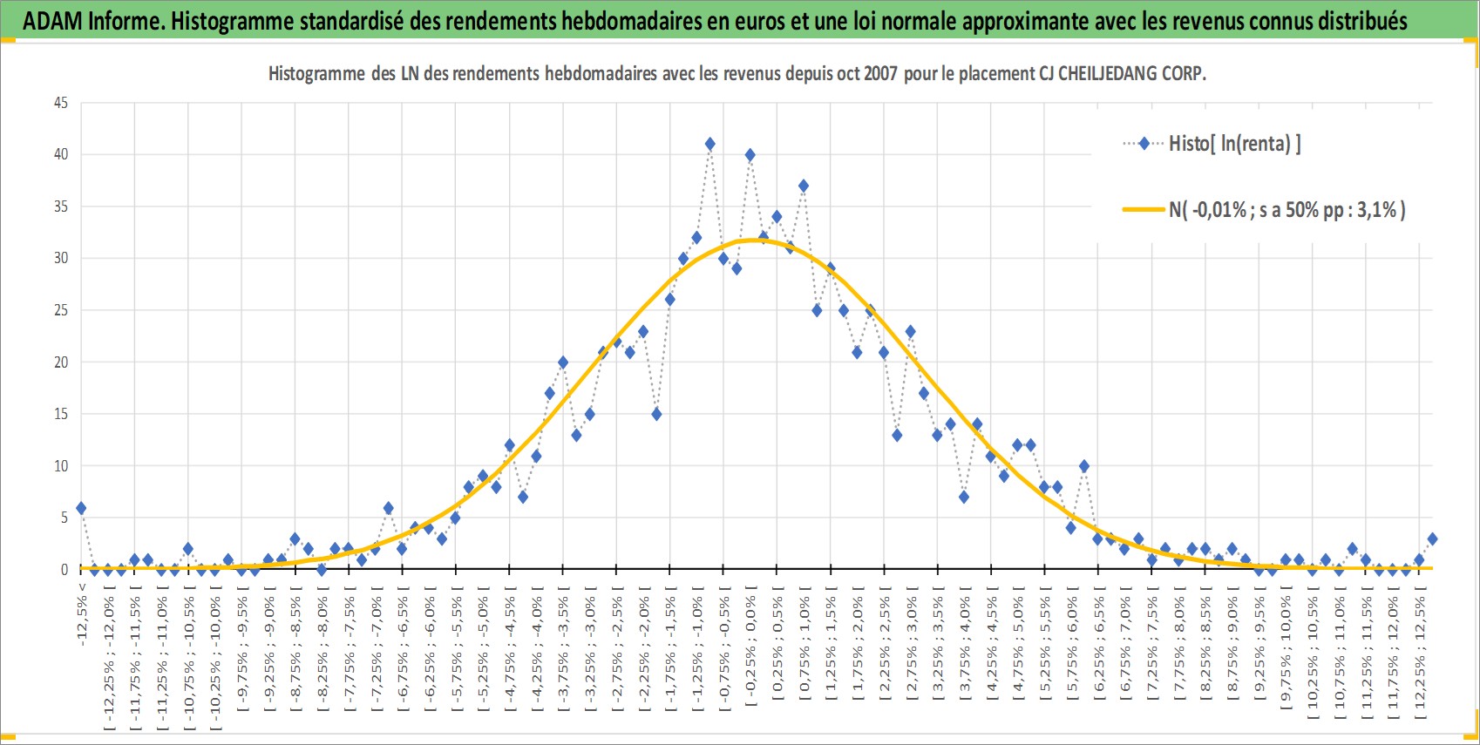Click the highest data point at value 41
tap(709, 144)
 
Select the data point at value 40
tap(750, 155)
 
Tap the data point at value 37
tap(804, 186)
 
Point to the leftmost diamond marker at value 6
tap(81, 509)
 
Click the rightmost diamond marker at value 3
tap(1432, 539)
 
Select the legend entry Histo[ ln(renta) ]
tap(1212, 143)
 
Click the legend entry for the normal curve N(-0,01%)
tap(1264, 210)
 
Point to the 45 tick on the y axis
tap(61, 103)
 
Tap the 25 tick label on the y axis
tap(61, 310)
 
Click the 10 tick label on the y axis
tap(61, 466)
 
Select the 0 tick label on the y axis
tap(64, 569)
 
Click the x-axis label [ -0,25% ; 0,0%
tap(750, 651)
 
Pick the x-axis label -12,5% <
tap(81, 614)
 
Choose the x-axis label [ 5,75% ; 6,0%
tap(1071, 651)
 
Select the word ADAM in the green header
tap(53, 21)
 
